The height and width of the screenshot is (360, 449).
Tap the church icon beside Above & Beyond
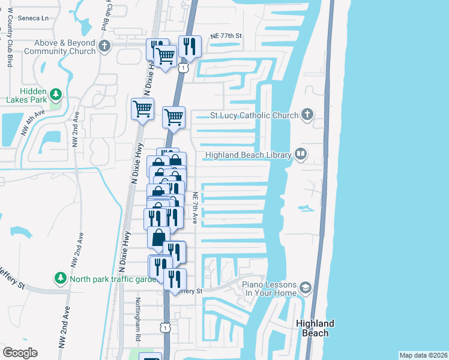tap(104, 46)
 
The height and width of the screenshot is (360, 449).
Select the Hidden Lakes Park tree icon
tap(56, 94)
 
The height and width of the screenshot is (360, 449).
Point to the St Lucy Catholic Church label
tap(254, 115)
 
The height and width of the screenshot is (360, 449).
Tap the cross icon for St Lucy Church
tap(307, 115)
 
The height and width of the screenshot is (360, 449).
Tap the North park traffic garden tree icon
tap(60, 278)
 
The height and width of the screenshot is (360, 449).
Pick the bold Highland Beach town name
tap(315, 328)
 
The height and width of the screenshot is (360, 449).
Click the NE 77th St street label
tap(226, 36)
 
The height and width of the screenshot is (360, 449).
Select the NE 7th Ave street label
tap(195, 208)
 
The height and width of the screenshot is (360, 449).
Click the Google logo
tap(20, 353)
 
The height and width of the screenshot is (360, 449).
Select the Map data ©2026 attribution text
tap(423, 355)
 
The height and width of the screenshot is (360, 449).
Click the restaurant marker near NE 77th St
tap(189, 46)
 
